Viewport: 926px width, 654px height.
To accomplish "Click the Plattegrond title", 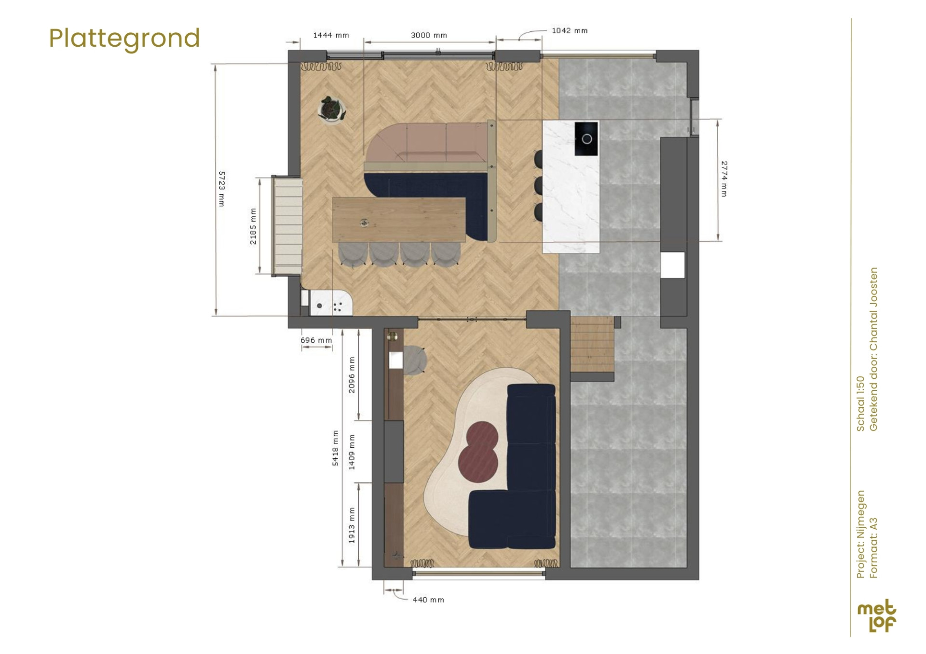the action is click(x=124, y=39).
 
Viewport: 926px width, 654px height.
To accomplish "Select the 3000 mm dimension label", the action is click(x=429, y=35).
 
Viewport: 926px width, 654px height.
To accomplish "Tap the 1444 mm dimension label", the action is click(x=331, y=35).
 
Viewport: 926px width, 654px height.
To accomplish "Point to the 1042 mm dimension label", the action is click(x=570, y=30).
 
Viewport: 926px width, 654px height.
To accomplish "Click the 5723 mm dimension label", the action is click(x=222, y=188).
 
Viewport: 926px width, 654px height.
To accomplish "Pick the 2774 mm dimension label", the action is click(x=724, y=179).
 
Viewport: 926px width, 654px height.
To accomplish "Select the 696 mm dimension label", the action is click(x=316, y=340).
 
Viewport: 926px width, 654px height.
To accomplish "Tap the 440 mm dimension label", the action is click(x=428, y=600).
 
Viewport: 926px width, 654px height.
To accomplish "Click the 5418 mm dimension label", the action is click(x=335, y=448).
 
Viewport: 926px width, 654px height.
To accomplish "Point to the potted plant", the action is click(x=331, y=109).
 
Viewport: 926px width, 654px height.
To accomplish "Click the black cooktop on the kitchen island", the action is click(x=586, y=138).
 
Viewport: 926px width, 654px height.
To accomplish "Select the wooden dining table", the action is click(x=398, y=220).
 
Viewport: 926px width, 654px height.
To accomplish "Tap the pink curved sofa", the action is click(x=427, y=143).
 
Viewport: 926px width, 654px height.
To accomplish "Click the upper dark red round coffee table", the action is click(x=482, y=435).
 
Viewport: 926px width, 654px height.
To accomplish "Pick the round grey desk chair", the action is click(x=414, y=360).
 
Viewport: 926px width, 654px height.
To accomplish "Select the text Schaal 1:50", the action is click(x=861, y=403).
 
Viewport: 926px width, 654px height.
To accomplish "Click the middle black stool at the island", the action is click(x=538, y=186).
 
